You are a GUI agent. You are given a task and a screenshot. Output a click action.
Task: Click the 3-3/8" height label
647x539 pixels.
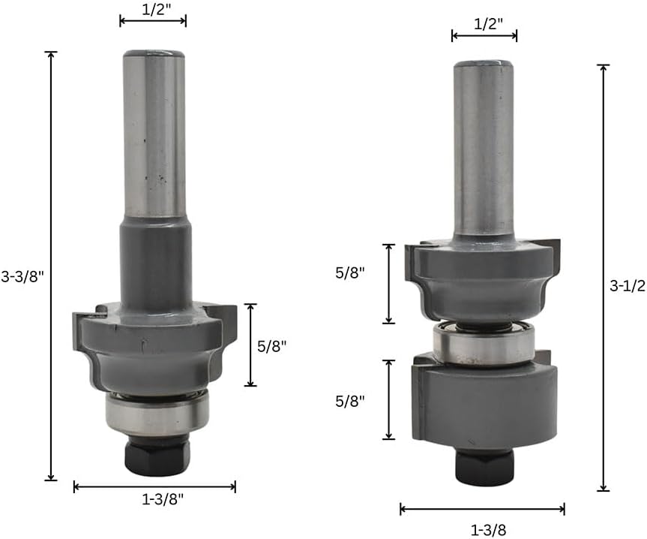(22, 276)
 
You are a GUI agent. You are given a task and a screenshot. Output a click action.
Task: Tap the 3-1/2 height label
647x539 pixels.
(628, 286)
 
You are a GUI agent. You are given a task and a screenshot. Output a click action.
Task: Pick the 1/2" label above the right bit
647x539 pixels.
(489, 24)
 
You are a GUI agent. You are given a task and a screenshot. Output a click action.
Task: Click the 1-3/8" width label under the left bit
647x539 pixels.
(163, 499)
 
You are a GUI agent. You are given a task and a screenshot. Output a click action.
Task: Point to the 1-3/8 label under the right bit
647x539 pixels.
(489, 530)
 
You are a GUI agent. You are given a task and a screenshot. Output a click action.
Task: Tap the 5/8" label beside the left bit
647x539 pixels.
(271, 346)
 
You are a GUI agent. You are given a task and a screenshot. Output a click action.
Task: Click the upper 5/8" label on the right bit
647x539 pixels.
(350, 273)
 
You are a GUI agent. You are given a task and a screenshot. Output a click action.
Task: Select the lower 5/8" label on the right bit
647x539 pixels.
(350, 401)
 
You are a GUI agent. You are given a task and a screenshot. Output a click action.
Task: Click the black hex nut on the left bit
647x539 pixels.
(157, 456)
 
